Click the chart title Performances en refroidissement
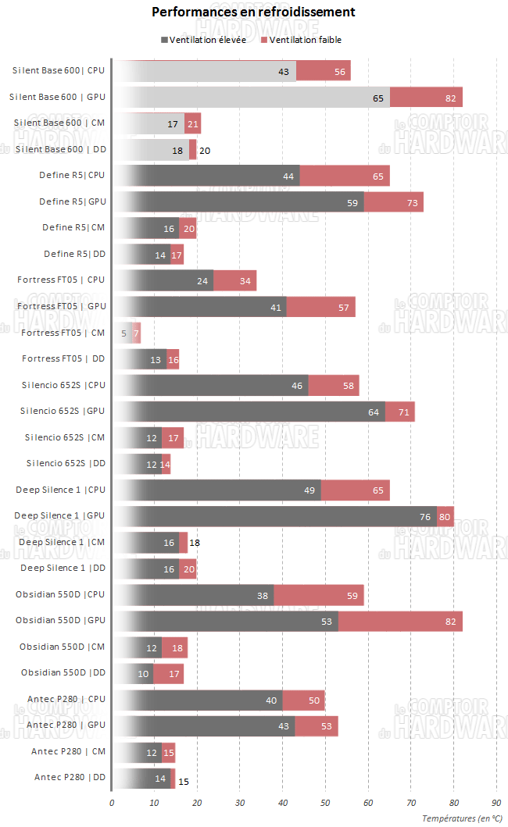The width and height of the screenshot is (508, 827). [x=253, y=12]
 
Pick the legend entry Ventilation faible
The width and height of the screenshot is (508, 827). [x=305, y=40]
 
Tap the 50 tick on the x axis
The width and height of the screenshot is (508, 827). [x=325, y=802]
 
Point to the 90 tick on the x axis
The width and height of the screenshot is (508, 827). [x=495, y=802]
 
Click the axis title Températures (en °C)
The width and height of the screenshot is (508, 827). [x=462, y=818]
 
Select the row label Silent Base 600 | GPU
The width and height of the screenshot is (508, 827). [x=57, y=97]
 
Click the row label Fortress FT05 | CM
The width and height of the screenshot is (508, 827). [x=63, y=333]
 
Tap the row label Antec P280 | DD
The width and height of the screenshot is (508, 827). [x=70, y=777]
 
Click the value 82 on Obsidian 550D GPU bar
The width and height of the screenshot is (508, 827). [x=451, y=622]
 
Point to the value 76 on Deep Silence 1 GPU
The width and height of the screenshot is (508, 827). [x=426, y=516]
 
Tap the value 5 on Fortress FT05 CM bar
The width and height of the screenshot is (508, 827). [x=123, y=333]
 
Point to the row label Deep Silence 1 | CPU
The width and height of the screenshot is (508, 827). [x=60, y=490]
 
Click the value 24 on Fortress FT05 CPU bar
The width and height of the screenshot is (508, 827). [x=202, y=280]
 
